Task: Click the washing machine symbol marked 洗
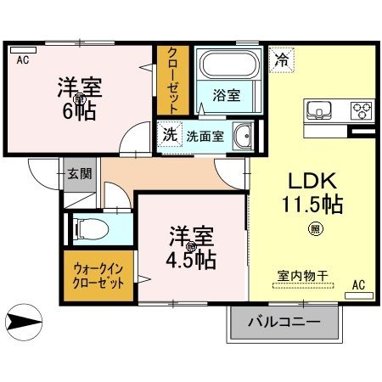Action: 169,134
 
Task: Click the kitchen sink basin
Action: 321,111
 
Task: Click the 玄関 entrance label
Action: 80,174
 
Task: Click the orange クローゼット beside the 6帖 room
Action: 172,78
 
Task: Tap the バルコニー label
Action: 284,323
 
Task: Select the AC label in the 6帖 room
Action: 22,59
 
